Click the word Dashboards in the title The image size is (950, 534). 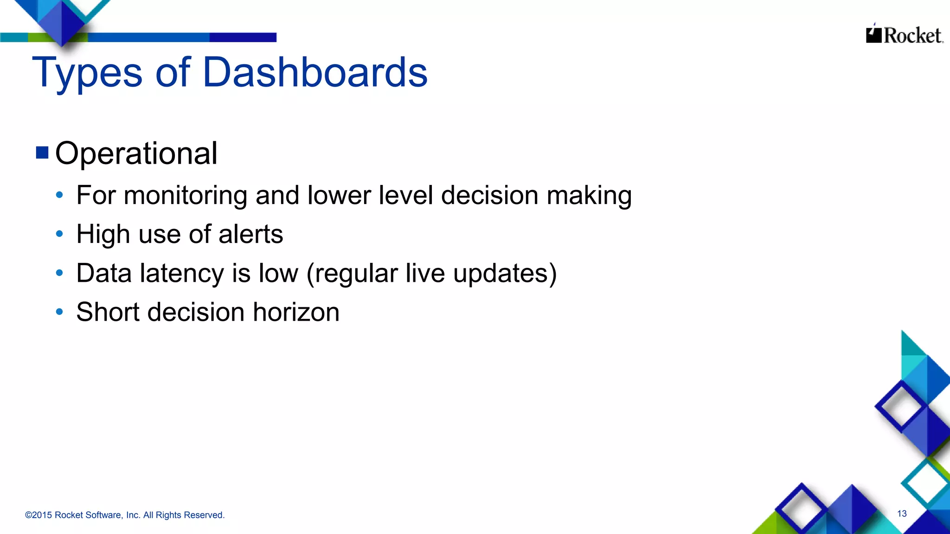point(315,73)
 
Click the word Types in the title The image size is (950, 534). point(87,73)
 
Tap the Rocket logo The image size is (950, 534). point(904,35)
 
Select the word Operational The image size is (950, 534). point(136,153)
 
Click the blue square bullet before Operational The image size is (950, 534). point(42,153)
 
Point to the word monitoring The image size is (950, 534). point(185,195)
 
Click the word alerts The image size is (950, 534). point(250,234)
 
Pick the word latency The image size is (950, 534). point(182,273)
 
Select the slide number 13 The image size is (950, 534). point(902,514)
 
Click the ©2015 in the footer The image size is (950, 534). point(39,515)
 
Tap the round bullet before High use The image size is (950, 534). point(59,234)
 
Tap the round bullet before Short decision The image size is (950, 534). point(59,312)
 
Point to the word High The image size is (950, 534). point(103,234)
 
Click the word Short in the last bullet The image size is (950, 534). point(108,312)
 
